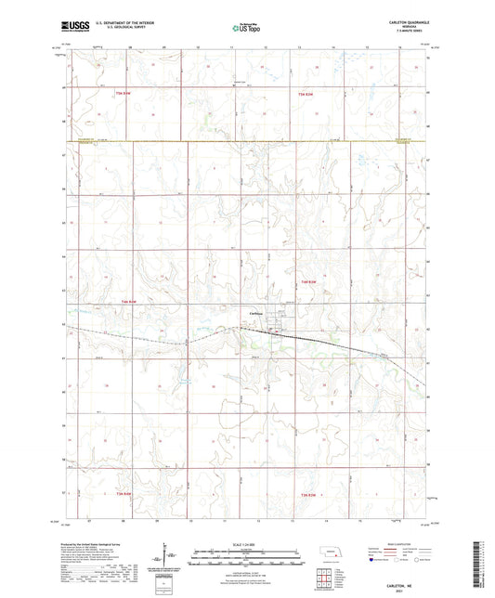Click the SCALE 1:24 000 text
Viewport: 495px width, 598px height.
[x=245, y=544]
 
